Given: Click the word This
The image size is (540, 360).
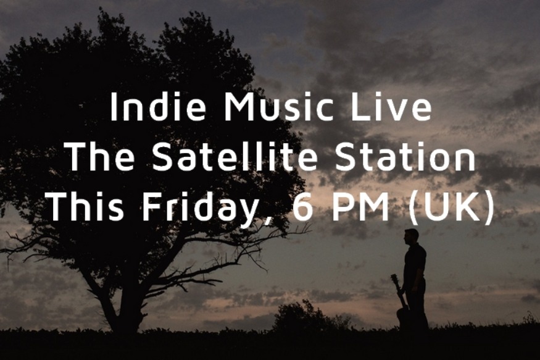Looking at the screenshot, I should pos(82,207).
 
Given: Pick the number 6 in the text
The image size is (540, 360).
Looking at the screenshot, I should pos(302,207).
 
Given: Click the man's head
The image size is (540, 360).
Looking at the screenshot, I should pos(411,236).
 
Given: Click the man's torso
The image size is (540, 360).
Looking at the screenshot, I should pos(414,262).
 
